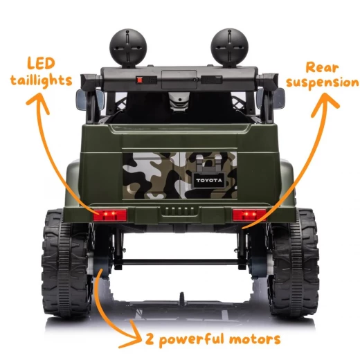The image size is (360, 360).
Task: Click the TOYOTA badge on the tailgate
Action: [x=209, y=180]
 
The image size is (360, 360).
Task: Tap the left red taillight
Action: [x=110, y=215]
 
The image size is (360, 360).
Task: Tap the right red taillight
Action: [x=249, y=215]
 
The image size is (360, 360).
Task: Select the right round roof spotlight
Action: [x=229, y=48]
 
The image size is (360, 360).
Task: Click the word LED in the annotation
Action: [x=41, y=64]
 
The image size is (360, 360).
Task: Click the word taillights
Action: [x=41, y=80]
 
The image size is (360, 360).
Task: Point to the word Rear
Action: [x=322, y=68]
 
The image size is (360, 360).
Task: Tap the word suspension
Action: [x=323, y=83]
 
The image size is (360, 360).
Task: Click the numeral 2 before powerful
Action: [x=150, y=339]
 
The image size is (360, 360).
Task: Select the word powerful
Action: [x=192, y=340]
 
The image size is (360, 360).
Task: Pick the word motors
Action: [x=255, y=339]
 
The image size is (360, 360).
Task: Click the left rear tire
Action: [x=66, y=262]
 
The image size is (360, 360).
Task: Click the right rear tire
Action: [x=294, y=262]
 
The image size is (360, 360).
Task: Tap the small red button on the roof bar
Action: [x=140, y=80]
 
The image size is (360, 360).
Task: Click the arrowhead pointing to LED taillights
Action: [x=38, y=103]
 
